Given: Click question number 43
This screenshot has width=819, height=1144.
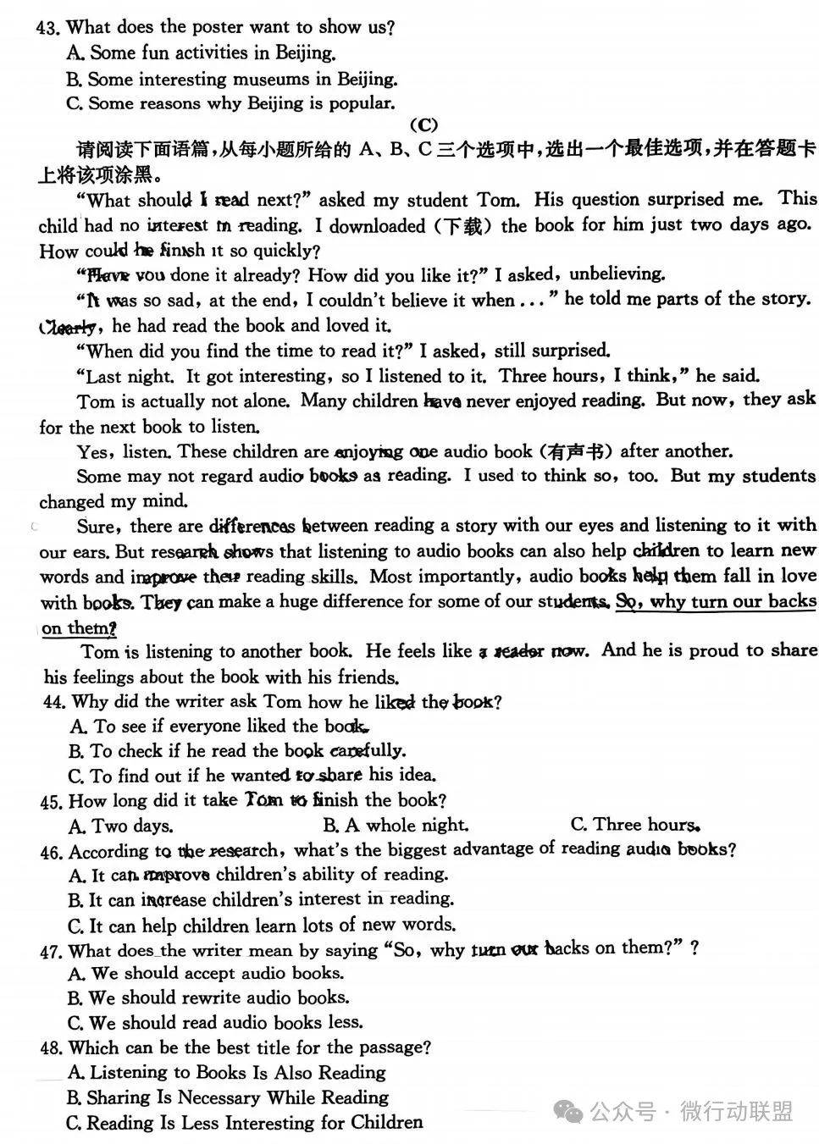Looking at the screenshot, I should pos(48,27).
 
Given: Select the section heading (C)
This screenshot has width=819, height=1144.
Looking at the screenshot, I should pos(423,125).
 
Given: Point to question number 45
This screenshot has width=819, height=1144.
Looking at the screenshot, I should pos(52,801).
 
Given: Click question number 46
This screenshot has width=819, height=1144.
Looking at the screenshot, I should pos(52,852).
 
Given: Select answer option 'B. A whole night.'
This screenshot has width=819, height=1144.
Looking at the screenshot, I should pos(396,826).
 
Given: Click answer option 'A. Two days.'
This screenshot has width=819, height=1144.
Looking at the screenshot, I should pos(121,826).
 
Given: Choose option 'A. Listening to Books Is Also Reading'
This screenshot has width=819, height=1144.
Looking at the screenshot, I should pos(227,1073).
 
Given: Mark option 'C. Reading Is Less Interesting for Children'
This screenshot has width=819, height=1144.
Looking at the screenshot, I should pos(245,1124).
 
